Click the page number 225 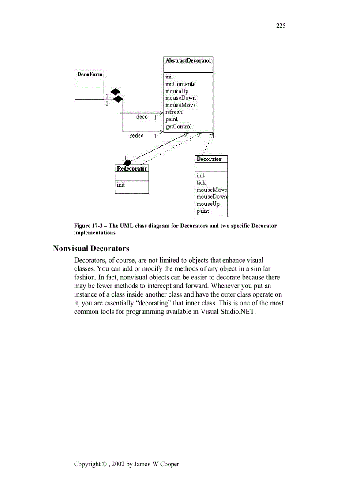(x=281, y=26)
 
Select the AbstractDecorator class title (x=188, y=60)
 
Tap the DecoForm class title (x=90, y=74)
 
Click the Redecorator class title (x=131, y=169)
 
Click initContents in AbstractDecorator (x=180, y=84)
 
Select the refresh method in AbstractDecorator (x=173, y=112)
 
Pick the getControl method (x=178, y=127)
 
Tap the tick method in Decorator (x=201, y=182)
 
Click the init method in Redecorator (x=120, y=185)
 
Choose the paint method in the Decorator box (x=202, y=211)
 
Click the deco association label (x=142, y=117)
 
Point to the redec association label (x=136, y=136)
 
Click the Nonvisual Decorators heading (x=91, y=249)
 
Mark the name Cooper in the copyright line (x=169, y=464)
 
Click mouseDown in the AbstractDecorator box (x=180, y=98)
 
